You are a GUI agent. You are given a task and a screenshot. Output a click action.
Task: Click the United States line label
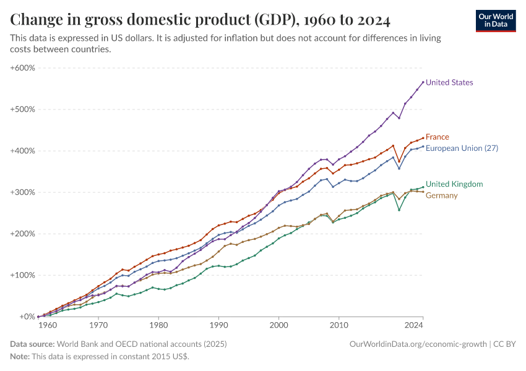click(x=449, y=82)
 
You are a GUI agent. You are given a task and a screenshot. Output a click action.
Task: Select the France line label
click(x=437, y=137)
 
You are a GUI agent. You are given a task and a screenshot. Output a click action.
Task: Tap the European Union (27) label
click(x=462, y=148)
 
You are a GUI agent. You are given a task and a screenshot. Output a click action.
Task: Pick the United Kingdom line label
click(x=454, y=184)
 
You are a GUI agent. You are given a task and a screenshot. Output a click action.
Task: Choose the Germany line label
click(x=442, y=195)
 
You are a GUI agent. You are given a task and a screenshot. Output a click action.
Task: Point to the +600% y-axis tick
click(x=23, y=67)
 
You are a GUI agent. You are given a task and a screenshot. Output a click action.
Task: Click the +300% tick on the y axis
click(x=23, y=192)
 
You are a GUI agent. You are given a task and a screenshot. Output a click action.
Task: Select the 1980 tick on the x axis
click(x=158, y=324)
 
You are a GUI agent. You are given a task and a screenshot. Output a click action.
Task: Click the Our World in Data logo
click(x=496, y=20)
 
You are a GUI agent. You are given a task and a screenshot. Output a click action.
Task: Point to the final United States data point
click(x=423, y=82)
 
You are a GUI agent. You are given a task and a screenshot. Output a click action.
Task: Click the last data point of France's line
click(x=423, y=138)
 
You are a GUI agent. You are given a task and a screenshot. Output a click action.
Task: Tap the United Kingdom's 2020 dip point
click(x=399, y=210)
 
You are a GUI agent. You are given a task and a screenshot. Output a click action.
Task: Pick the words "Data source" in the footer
click(x=32, y=344)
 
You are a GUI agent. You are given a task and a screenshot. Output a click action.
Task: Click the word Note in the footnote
click(x=19, y=357)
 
